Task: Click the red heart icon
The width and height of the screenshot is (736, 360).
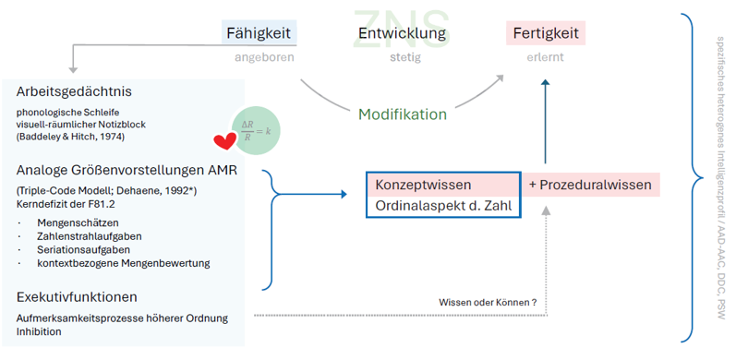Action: click(x=224, y=141)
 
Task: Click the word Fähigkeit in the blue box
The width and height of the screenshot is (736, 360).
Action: click(x=259, y=33)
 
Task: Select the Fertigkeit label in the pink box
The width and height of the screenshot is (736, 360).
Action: click(x=546, y=33)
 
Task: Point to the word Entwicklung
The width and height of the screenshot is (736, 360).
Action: click(x=402, y=33)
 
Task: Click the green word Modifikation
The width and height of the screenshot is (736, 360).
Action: click(x=403, y=114)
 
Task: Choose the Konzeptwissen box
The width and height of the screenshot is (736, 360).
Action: click(x=443, y=185)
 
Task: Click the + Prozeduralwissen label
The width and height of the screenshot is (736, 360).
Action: click(x=590, y=185)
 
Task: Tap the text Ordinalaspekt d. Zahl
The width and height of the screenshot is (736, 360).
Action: click(x=443, y=206)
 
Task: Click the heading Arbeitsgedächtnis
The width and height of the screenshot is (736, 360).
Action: click(x=74, y=92)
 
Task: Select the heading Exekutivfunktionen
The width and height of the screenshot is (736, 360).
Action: click(x=77, y=297)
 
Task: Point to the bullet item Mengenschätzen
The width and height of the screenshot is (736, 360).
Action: click(x=78, y=222)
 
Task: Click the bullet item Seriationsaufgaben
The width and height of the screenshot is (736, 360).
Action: click(x=84, y=249)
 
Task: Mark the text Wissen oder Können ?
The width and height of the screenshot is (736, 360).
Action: click(x=488, y=302)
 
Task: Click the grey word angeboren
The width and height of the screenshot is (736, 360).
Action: click(x=264, y=58)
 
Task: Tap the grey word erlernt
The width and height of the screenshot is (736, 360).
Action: click(x=545, y=57)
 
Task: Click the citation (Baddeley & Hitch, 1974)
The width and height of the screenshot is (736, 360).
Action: click(x=70, y=137)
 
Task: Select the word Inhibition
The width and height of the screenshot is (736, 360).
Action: click(x=39, y=331)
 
